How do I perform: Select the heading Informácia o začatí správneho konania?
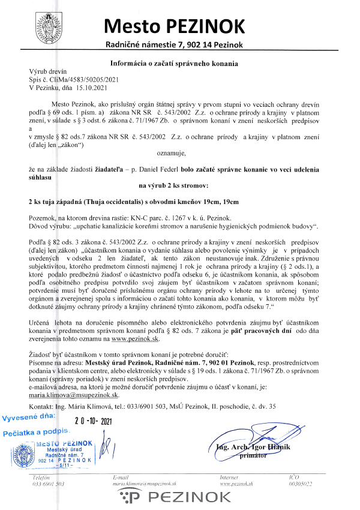click(x=174, y=63)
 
